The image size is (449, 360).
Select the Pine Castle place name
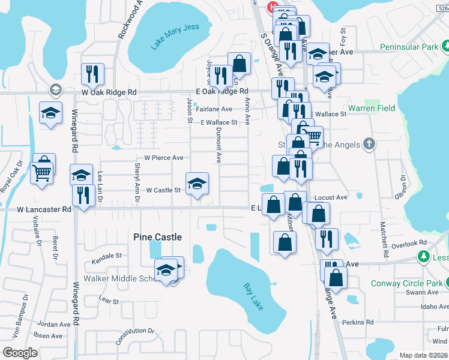[x=157, y=238]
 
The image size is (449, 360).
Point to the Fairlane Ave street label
[x=217, y=109]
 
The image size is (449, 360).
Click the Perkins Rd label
[x=358, y=322]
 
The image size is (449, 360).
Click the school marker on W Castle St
[x=197, y=184]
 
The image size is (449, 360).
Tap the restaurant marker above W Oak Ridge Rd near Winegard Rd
[x=92, y=74]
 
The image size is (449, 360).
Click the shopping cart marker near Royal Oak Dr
[x=41, y=173]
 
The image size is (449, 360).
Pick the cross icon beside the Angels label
[x=369, y=144]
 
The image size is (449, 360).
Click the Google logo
[x=20, y=352]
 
